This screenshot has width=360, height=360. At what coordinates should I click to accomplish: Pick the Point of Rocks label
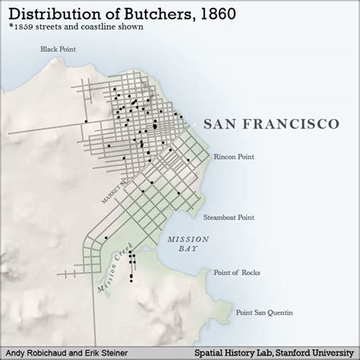coord(238,272)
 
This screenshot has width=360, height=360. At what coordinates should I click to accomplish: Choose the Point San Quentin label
coord(263,312)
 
